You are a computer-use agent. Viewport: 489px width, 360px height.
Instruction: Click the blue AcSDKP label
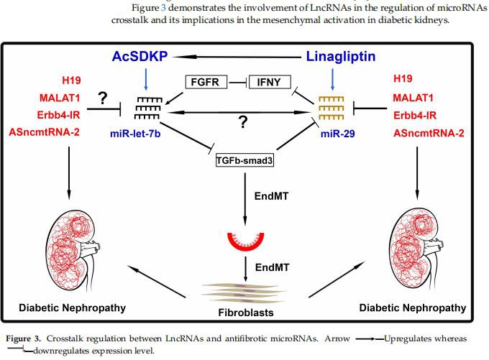point(145,56)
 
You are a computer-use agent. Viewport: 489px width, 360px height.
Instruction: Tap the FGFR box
point(206,82)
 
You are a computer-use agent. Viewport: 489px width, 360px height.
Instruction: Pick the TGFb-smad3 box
point(245,161)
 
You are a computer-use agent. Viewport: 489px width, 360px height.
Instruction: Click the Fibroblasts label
point(246,313)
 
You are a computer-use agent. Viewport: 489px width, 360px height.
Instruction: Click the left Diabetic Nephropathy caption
point(72,308)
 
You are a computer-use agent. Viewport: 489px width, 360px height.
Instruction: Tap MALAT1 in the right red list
point(417,96)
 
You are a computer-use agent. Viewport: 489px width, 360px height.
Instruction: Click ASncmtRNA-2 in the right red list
point(429,131)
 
